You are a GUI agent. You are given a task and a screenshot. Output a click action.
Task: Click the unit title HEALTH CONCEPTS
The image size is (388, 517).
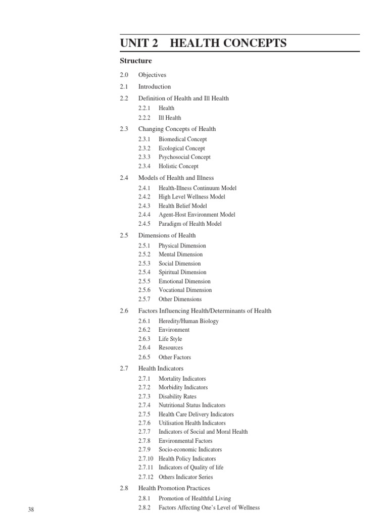pos(228,43)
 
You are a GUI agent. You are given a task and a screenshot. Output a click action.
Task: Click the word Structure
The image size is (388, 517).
pos(135,61)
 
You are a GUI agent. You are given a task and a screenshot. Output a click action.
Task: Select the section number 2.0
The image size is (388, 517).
pos(125,75)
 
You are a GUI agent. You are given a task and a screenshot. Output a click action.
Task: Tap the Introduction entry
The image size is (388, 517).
pos(155,87)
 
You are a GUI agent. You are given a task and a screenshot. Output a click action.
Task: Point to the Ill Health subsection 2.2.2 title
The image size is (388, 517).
pos(170,118)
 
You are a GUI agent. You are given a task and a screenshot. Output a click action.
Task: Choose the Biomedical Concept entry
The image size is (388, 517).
pos(182,139)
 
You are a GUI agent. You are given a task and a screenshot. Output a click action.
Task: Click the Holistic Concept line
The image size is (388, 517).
pos(178,166)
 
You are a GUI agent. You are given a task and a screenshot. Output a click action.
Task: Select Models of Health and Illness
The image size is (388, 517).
pos(176,178)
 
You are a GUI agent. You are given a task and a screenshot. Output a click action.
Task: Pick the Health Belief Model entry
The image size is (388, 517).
pos(182,206)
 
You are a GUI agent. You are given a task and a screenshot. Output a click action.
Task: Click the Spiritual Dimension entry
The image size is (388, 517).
pos(182,272)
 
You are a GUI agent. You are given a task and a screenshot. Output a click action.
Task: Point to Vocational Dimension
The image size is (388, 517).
pos(185,290)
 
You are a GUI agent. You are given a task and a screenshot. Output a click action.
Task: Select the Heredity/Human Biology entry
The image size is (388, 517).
pos(188,321)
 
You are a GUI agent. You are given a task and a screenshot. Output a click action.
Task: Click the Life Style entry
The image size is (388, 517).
pos(170,339)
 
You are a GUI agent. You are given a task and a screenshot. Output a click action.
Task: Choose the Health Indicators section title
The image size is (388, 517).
pos(161,369)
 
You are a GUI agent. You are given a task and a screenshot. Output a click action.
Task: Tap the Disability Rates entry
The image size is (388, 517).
pos(177,396)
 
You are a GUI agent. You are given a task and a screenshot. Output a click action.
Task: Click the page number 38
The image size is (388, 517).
pos(31,509)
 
